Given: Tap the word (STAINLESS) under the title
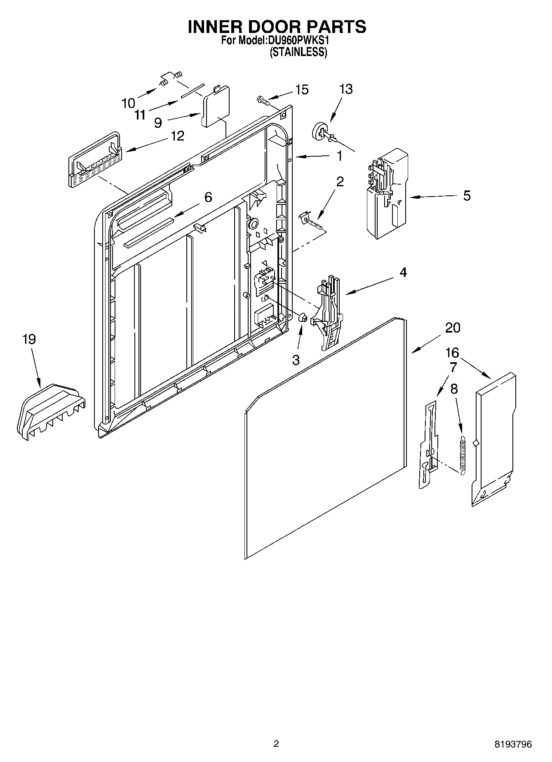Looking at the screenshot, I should click(298, 52).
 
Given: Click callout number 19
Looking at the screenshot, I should click(29, 340).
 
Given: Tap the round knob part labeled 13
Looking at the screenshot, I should click(320, 132).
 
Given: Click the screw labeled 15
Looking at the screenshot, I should click(262, 99).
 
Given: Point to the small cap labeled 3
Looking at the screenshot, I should click(302, 317).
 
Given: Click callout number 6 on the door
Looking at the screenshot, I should click(208, 197).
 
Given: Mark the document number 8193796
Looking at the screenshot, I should click(513, 744).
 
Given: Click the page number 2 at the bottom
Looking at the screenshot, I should click(276, 743).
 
